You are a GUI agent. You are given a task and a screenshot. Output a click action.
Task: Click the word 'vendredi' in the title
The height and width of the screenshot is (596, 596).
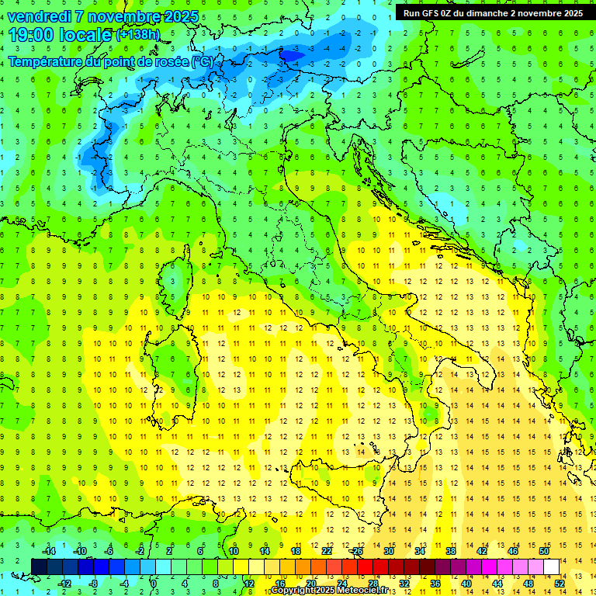(39, 16)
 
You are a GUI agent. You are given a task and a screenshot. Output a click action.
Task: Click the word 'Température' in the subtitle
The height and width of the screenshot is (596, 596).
(47, 61)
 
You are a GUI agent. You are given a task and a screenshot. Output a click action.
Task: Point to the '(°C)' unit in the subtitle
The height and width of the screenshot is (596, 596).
(201, 61)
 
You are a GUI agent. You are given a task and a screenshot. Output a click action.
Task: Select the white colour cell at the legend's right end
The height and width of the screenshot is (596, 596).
(551, 567)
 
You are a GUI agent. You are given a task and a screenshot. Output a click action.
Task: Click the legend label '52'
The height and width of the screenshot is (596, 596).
(560, 583)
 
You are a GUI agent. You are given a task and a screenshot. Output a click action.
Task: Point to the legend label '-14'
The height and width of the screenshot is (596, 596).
(48, 551)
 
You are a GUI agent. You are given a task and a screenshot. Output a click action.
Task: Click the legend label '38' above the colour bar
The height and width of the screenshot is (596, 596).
(450, 551)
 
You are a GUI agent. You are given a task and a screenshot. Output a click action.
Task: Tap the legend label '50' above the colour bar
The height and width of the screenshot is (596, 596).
(543, 551)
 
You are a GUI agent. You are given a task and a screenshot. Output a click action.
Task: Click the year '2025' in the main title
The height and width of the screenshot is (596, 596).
(178, 16)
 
